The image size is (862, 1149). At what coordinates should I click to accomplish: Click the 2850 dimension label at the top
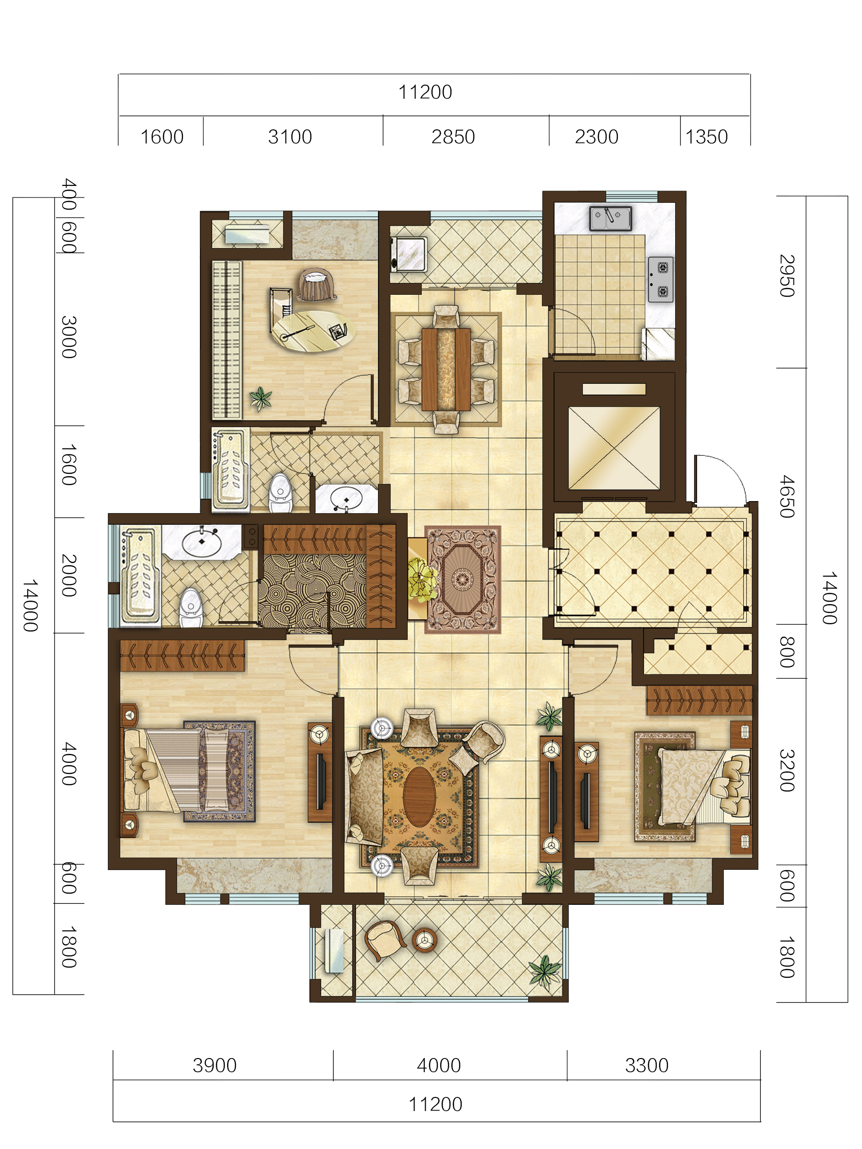coord(452,137)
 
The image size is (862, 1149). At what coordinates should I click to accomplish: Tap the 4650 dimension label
coord(787,496)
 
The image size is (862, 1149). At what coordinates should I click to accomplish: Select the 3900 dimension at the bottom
coord(215,1065)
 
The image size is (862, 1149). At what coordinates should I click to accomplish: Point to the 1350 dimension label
coord(706,137)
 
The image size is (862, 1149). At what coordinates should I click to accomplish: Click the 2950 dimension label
coord(787,275)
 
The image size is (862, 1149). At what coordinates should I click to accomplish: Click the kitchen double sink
coord(610,218)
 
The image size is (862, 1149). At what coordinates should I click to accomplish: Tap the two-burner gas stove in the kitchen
coord(661,279)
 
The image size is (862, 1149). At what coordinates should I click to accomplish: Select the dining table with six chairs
coord(446,369)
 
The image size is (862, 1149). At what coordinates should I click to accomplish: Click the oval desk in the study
coord(313,331)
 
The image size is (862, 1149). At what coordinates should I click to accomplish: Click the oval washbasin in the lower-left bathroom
coord(201,542)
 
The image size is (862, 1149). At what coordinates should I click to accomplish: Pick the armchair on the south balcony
coord(384,940)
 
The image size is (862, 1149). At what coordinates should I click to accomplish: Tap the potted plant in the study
coord(261,399)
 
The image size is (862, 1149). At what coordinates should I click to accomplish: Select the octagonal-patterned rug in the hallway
coord(463,579)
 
